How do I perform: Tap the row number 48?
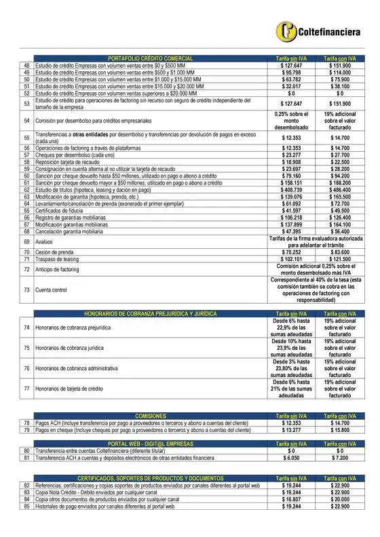[x=26, y=66]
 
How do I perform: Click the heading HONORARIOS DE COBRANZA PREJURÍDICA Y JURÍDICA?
[x=150, y=314]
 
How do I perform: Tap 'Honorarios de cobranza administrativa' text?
[x=76, y=368]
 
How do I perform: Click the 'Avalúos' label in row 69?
[x=45, y=241]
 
